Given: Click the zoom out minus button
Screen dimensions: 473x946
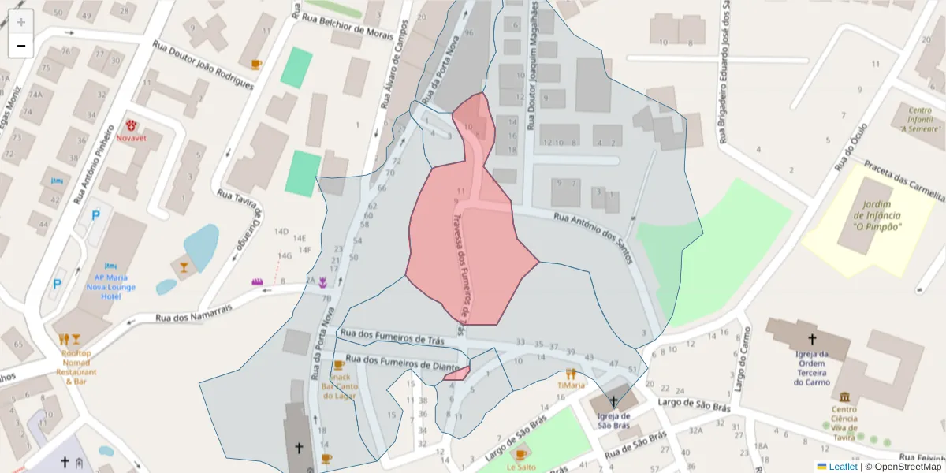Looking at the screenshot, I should click(21, 46).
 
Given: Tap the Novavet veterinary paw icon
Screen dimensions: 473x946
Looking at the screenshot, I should click(132, 125).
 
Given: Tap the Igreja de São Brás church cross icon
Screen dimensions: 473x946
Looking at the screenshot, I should click(613, 402).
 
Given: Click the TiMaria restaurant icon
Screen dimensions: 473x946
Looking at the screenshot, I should click(571, 374).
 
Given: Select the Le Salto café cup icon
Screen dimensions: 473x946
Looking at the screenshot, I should click(520, 454).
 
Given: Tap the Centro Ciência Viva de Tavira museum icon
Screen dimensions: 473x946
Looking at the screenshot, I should click(844, 397).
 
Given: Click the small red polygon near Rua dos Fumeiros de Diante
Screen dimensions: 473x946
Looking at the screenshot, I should click(458, 373).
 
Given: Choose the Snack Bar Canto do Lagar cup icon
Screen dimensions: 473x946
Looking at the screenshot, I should click(339, 365).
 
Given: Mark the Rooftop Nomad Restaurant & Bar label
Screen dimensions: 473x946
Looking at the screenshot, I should click(76, 367).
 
